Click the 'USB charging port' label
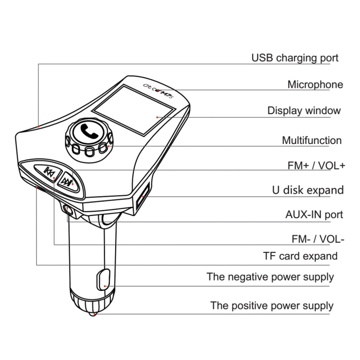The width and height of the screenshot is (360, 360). pos(295,58)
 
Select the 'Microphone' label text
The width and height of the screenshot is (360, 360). pos(315,84)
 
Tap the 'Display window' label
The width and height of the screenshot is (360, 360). pos(304,111)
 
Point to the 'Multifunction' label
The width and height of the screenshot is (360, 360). pos(312,140)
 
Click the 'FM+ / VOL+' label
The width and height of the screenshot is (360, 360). pos(316,165)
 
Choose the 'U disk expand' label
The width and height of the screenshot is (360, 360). pos(308,191)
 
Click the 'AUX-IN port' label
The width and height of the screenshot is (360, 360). pos(314,215)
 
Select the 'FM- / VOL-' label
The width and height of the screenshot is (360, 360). pos(318,239)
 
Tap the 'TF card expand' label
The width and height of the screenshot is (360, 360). pos(300,256)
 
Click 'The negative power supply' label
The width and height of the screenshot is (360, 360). pos(270,277)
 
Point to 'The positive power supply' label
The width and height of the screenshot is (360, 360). pos(272,306)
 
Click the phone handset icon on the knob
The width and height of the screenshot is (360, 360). pos(89,132)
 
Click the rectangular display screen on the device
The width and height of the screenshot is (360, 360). pos(133,110)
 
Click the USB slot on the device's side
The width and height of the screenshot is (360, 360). pos(143,194)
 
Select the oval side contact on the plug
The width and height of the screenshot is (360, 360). pos(103,280)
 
